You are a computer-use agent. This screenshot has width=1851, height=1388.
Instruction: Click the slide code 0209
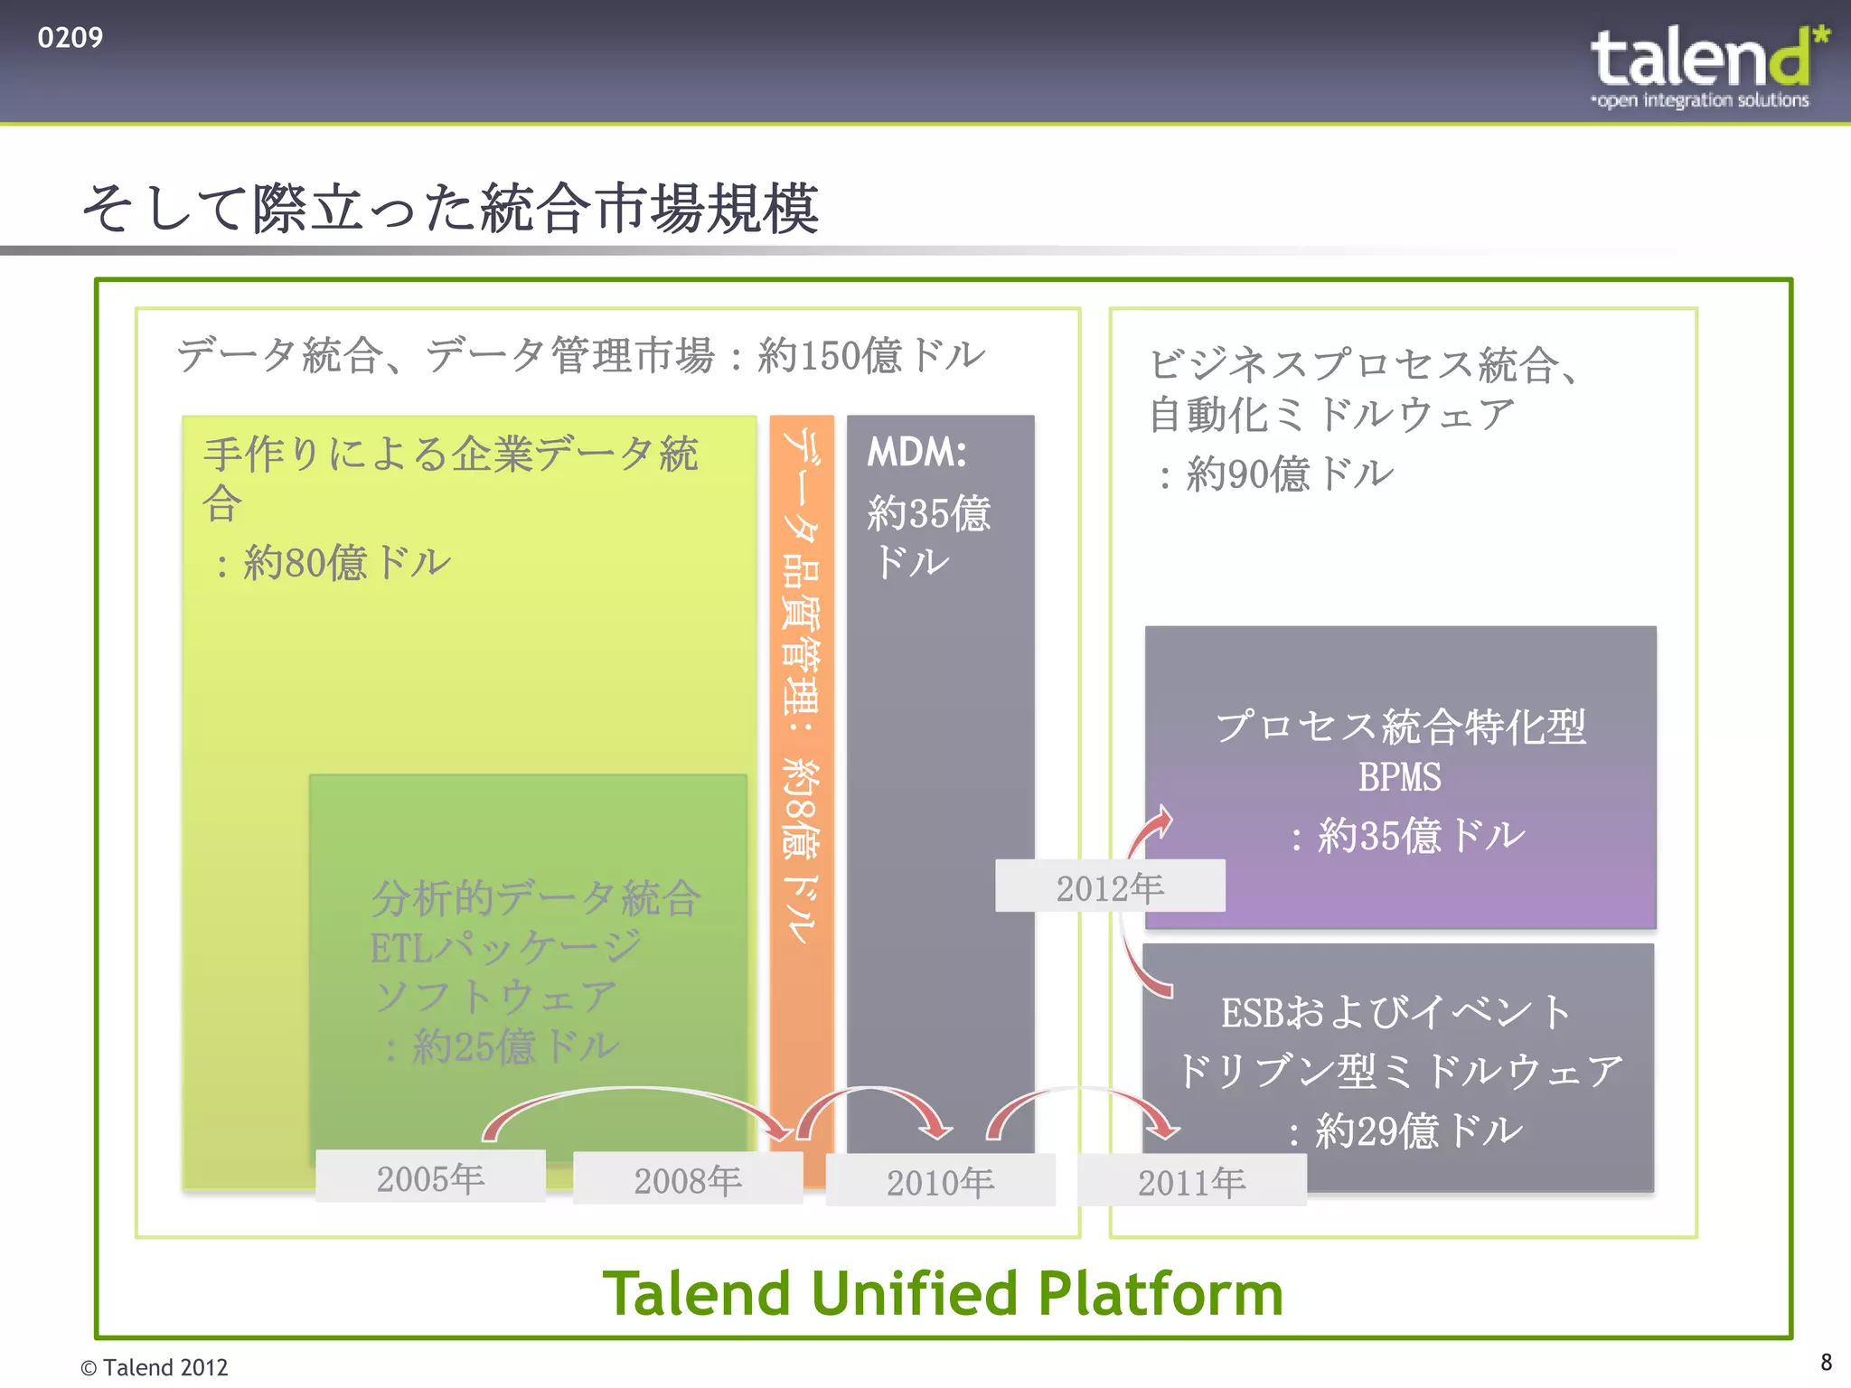tap(70, 38)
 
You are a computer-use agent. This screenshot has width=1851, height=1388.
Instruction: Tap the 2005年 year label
tap(430, 1178)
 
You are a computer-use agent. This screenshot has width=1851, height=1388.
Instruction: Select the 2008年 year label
tap(688, 1180)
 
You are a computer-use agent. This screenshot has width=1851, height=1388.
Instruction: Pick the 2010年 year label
tap(940, 1182)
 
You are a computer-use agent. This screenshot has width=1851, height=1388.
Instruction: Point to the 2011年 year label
tap(1191, 1182)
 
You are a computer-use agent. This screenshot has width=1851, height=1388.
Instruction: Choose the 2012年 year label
tap(1110, 887)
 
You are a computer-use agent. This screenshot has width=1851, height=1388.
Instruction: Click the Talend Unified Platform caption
tap(943, 1293)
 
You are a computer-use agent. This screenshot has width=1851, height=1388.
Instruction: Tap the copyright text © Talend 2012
tap(155, 1367)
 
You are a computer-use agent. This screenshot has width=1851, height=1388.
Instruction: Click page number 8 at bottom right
tap(1826, 1362)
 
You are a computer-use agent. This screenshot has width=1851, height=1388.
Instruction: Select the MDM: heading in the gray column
tap(916, 452)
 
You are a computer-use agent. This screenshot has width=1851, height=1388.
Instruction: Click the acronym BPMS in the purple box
tap(1399, 777)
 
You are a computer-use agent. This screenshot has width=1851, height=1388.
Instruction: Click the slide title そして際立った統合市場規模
tap(450, 209)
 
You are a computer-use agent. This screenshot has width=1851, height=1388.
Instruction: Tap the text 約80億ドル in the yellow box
tap(347, 562)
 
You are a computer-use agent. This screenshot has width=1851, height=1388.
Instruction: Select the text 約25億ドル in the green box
tap(515, 1046)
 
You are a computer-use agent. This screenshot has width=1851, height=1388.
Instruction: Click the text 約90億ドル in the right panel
tap(1290, 474)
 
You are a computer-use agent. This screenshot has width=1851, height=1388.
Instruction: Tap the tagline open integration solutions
tap(1702, 100)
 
